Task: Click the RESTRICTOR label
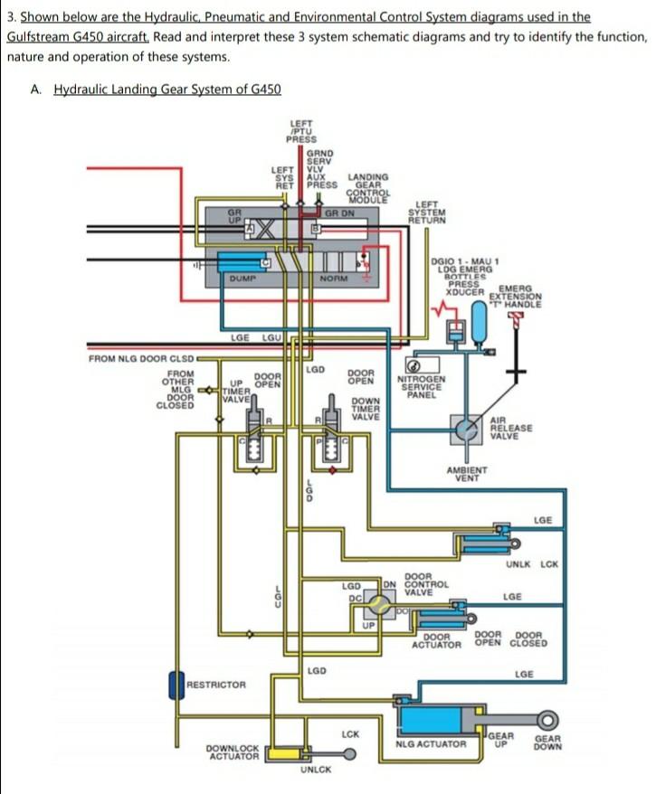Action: click(x=215, y=685)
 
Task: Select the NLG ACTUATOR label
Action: click(x=431, y=745)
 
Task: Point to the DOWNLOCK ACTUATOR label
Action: click(x=233, y=751)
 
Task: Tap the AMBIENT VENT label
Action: click(x=467, y=474)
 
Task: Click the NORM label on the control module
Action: click(x=332, y=279)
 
